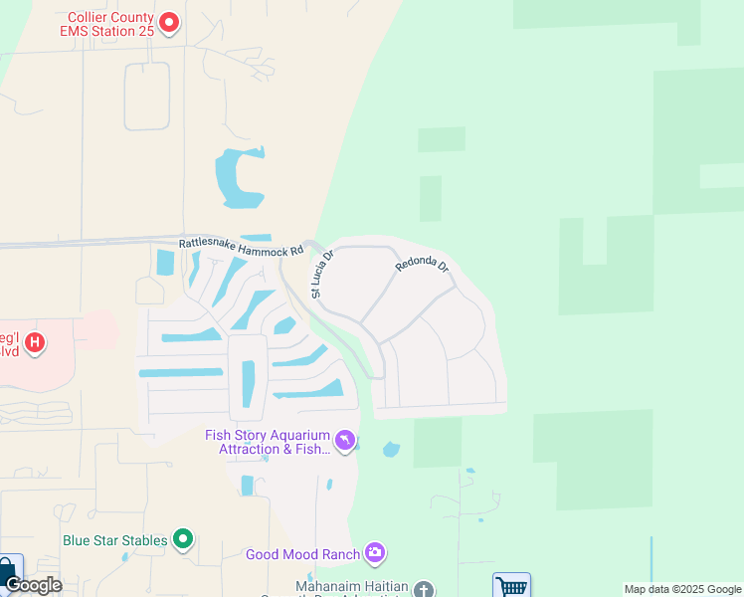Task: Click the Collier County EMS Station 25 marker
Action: (x=169, y=21)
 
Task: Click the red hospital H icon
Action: (x=35, y=344)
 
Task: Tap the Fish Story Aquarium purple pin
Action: (x=344, y=440)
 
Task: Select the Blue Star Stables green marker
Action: (x=183, y=539)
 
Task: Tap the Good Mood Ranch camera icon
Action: (x=375, y=552)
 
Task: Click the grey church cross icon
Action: (x=424, y=589)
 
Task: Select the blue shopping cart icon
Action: (x=511, y=585)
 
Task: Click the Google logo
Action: (x=33, y=585)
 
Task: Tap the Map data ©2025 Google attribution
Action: (x=683, y=589)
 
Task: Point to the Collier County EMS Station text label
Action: (x=109, y=26)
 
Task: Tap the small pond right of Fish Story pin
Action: (x=391, y=450)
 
